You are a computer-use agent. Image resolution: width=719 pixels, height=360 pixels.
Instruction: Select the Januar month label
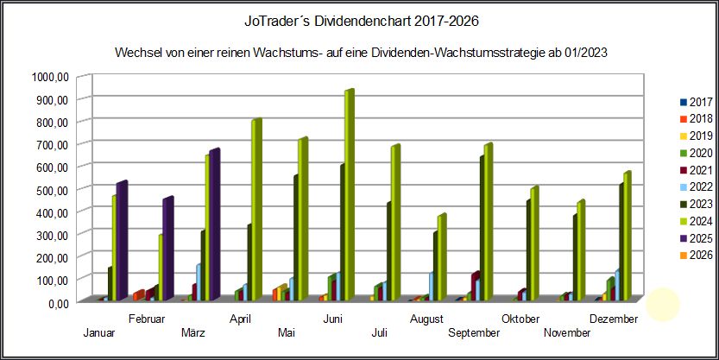point(100,333)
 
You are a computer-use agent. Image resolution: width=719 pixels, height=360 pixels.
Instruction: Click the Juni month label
point(333,319)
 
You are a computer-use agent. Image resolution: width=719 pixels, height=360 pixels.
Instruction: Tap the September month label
point(475,333)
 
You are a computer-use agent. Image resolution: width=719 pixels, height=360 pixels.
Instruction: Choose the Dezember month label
point(614,319)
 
